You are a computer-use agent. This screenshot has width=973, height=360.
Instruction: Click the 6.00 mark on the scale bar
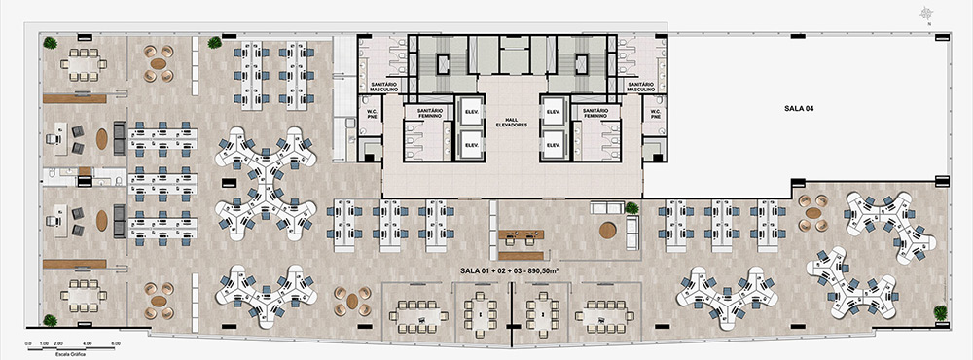tap(116, 343)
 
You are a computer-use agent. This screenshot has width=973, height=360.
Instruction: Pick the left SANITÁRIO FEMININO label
tap(430, 113)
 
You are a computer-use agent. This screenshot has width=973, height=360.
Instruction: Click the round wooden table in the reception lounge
tap(608, 231)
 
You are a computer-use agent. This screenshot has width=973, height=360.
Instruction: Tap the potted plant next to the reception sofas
tap(632, 207)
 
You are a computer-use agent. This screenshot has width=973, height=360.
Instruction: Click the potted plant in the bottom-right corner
tap(941, 312)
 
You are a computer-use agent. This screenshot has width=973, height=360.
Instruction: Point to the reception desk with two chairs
tap(522, 236)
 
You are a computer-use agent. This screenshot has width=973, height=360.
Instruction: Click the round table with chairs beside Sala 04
tap(812, 206)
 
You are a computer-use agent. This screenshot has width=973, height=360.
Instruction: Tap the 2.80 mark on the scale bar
tap(59, 343)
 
